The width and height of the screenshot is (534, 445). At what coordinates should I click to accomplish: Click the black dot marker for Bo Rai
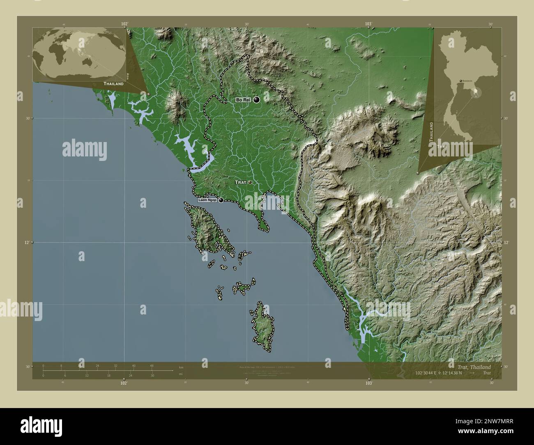[x=257, y=99]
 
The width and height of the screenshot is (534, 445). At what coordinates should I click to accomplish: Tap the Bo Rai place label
[x=243, y=100]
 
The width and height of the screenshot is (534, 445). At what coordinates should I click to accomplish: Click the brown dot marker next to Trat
[x=249, y=182]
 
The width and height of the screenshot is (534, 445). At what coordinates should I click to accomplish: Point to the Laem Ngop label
[x=208, y=200]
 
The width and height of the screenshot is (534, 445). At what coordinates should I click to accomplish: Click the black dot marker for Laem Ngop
[x=221, y=200]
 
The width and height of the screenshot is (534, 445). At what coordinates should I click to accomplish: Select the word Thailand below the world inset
[x=113, y=83]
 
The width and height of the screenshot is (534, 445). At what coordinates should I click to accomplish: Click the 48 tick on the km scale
[x=152, y=365]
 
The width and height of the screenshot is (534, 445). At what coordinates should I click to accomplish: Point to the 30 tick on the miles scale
[x=152, y=375]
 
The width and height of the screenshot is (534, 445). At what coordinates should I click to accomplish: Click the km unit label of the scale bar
[x=181, y=367]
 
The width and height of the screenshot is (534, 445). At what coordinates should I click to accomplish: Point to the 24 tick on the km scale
[x=97, y=365]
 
